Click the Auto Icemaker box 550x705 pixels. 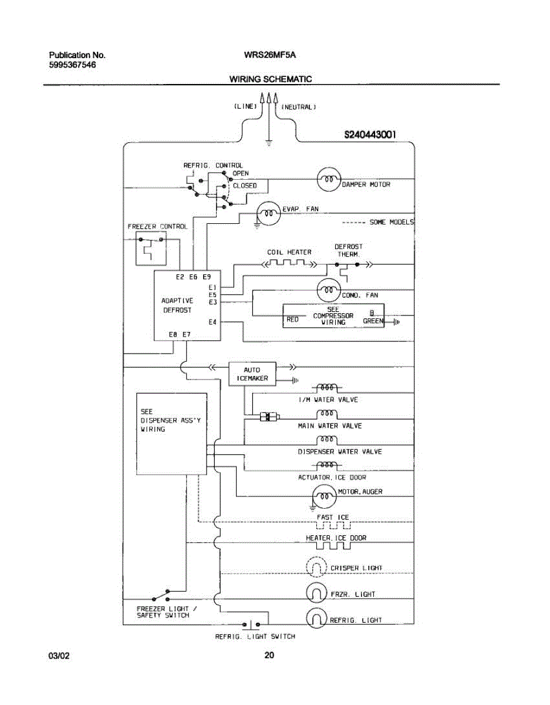[252, 374]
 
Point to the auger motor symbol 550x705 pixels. [323, 497]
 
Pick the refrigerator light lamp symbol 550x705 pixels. [316, 618]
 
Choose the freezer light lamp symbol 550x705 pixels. [316, 593]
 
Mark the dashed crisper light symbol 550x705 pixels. [316, 568]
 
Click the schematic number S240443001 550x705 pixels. [370, 135]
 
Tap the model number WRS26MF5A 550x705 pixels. [269, 55]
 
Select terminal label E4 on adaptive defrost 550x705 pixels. [212, 322]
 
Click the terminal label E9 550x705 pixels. [207, 276]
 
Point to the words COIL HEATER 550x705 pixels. [289, 252]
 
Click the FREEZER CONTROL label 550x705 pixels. [157, 226]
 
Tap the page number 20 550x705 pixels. [269, 655]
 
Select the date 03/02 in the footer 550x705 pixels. [59, 656]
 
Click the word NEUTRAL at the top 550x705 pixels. [299, 107]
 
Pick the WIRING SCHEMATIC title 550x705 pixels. [271, 79]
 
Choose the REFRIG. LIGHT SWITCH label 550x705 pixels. [255, 636]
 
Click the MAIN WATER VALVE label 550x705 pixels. [329, 425]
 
